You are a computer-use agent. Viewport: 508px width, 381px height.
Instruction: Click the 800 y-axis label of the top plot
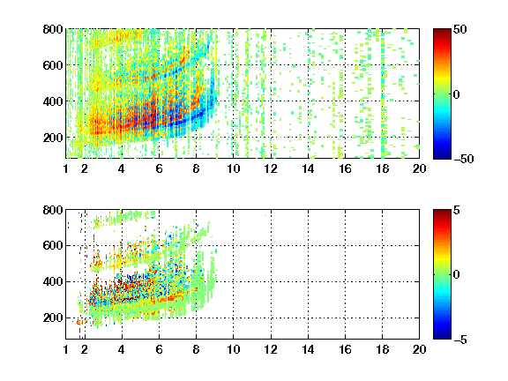pos(53,29)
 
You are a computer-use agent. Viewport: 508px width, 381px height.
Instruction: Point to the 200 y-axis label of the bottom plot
pos(53,317)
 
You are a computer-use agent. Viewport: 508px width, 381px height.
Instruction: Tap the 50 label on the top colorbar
pos(459,29)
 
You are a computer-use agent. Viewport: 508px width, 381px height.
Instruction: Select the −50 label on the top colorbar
pos(463,159)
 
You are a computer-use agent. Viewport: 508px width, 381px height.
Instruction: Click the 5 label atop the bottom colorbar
pos(457,210)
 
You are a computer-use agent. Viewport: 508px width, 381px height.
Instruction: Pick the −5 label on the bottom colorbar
pos(460,340)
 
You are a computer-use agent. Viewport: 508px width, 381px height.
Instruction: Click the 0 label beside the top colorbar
pos(456,94)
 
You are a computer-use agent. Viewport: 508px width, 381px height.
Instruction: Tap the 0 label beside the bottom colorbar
pos(456,275)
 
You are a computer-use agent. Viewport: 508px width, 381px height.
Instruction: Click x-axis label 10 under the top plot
pos(233,168)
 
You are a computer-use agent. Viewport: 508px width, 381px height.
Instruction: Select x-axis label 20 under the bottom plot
pos(419,349)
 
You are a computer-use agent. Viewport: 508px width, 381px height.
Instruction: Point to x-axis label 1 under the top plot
pos(66,168)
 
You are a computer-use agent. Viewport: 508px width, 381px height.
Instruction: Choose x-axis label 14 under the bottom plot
pos(308,349)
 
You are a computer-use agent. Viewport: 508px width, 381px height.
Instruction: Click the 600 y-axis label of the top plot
pos(53,65)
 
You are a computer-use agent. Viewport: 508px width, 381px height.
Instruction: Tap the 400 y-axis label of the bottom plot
pos(53,281)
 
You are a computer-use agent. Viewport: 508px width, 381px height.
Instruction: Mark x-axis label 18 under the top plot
pos(382,168)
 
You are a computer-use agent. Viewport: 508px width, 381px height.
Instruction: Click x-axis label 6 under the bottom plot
pos(159,349)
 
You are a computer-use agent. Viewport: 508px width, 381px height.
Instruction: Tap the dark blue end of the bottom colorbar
pos(442,337)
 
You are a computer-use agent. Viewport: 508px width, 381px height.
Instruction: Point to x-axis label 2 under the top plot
pos(85,168)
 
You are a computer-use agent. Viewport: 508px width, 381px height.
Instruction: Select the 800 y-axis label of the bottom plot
pos(53,210)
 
